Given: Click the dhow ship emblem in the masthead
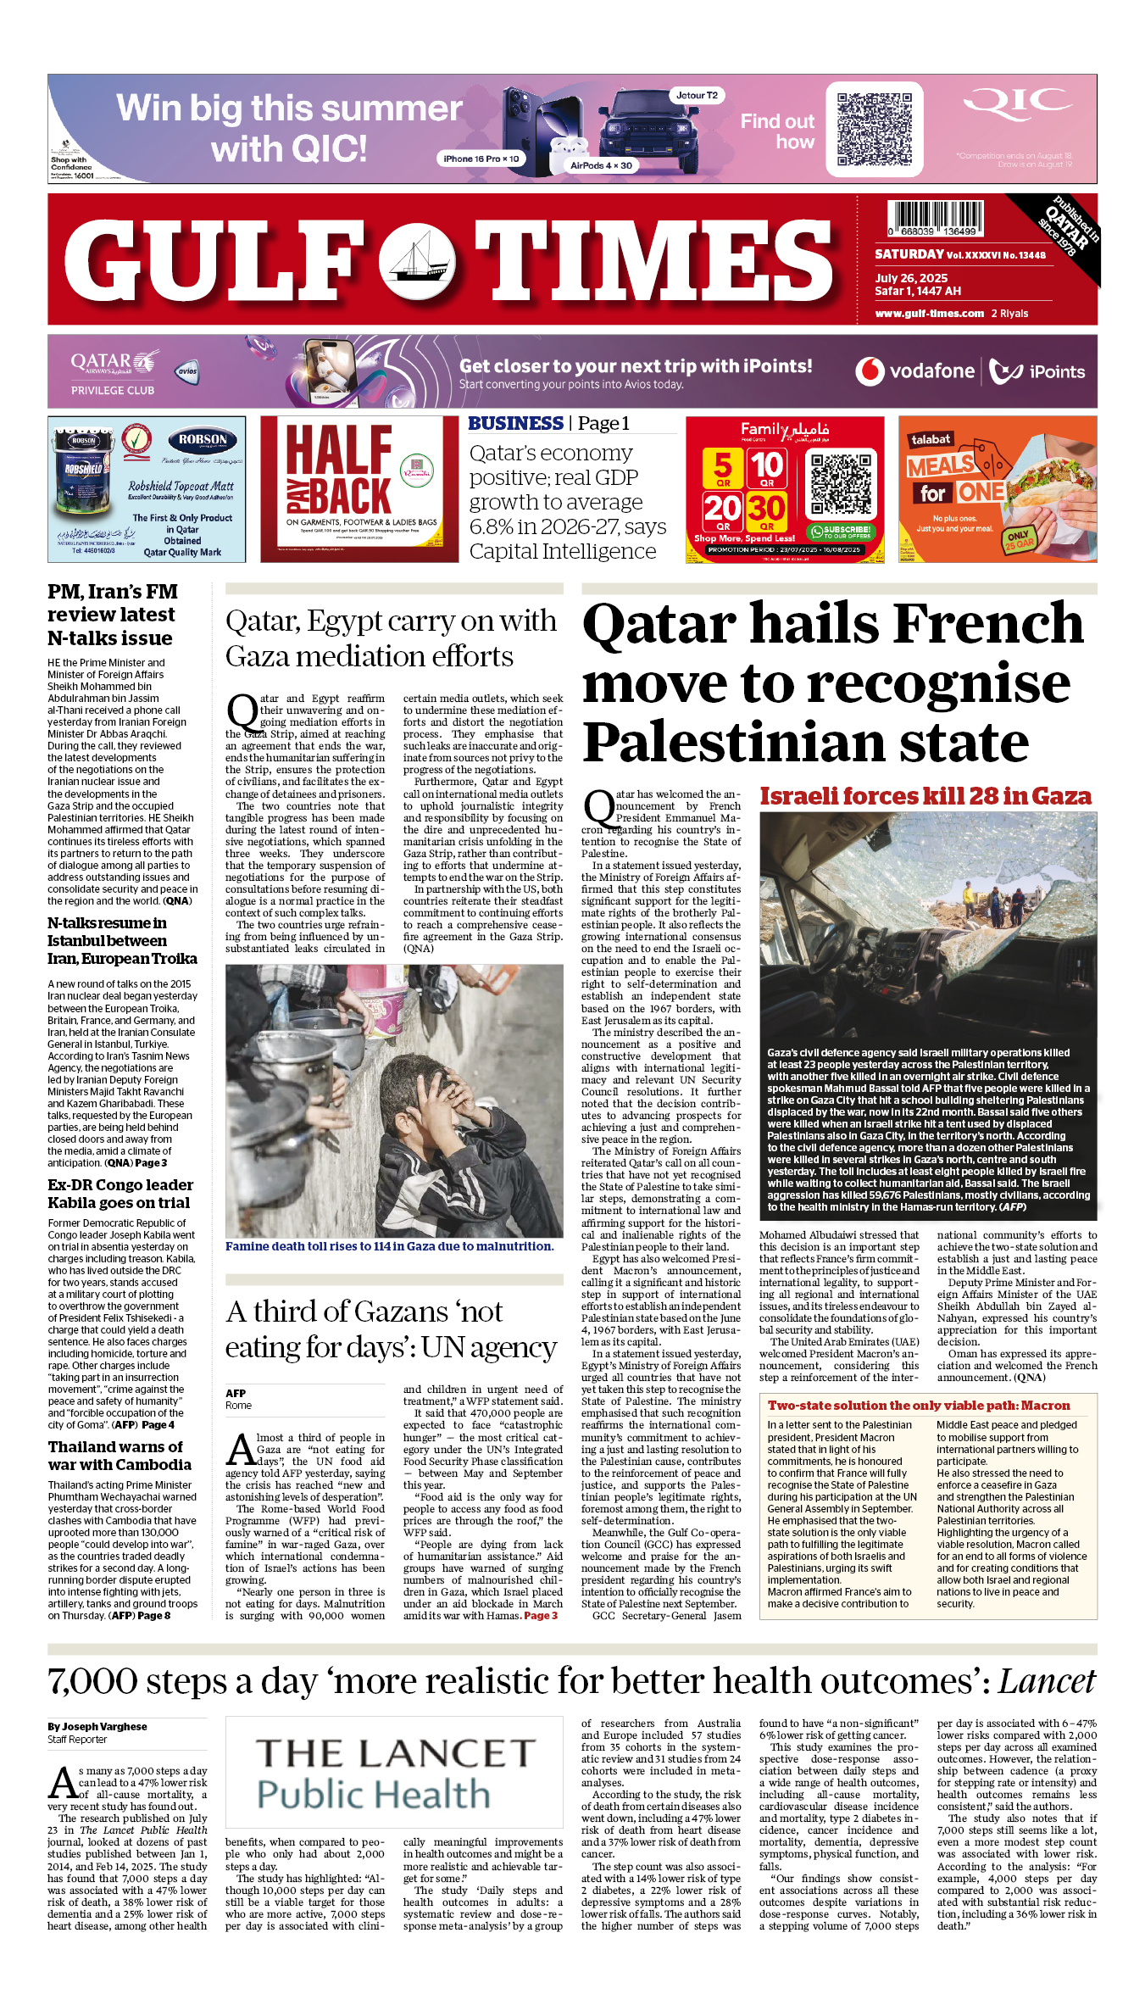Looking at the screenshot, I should tap(416, 259).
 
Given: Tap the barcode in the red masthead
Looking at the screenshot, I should tap(935, 218).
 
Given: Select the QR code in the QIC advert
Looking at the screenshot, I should tap(874, 130).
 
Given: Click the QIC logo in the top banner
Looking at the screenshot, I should tap(1017, 105).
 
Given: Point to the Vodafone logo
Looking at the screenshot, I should tap(914, 371).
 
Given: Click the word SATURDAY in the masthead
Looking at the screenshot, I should tap(909, 254).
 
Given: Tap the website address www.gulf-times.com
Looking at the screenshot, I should tap(929, 314).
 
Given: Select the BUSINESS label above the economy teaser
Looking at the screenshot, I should tap(515, 424).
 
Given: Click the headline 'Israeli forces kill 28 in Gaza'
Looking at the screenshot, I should tap(925, 797).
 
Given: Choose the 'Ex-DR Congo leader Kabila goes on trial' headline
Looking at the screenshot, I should tap(120, 1194).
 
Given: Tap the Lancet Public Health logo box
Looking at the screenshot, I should tap(393, 1773).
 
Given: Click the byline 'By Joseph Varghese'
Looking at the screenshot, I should tap(97, 1726).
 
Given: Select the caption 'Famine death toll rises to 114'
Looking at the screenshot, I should tap(389, 1246).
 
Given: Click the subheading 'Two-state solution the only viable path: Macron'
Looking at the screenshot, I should tap(919, 1406).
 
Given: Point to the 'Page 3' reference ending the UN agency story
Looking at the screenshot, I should tap(541, 1616).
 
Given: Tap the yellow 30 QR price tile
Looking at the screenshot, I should tap(766, 512).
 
